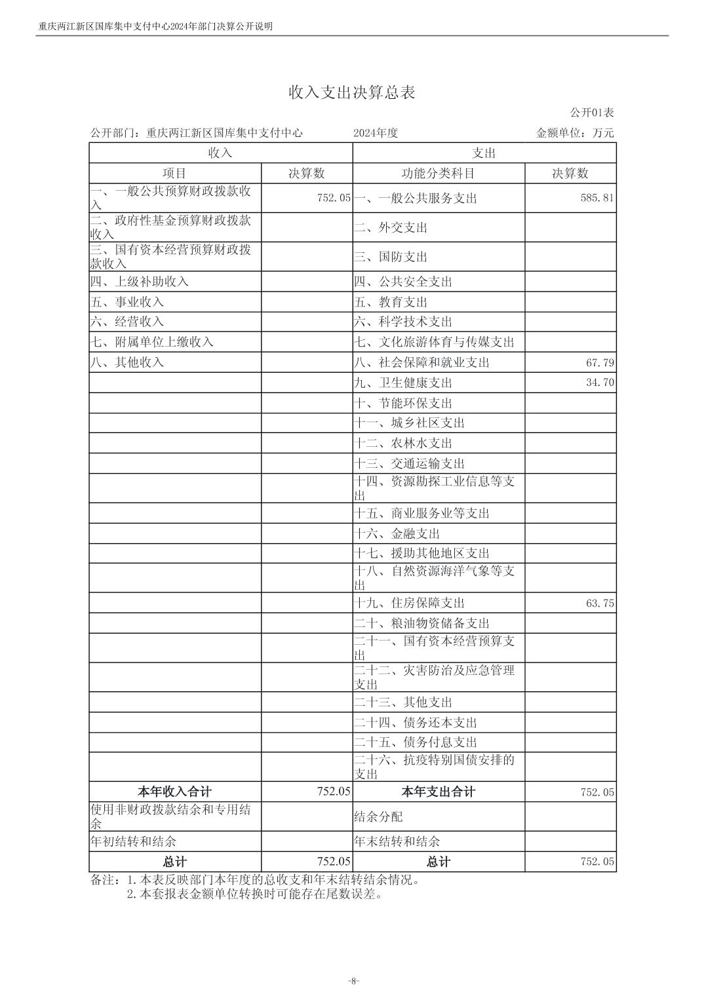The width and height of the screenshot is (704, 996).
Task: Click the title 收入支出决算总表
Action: pyautogui.click(x=352, y=92)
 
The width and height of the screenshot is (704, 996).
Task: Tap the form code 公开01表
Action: pyautogui.click(x=592, y=113)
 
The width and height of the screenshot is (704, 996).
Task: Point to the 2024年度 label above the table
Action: pyautogui.click(x=376, y=133)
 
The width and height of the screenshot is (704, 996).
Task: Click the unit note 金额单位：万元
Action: pyautogui.click(x=575, y=133)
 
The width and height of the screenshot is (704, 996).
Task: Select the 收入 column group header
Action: pyautogui.click(x=220, y=153)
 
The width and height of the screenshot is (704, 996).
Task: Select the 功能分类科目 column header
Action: pyautogui.click(x=438, y=174)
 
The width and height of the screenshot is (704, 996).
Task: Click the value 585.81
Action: pyautogui.click(x=597, y=197)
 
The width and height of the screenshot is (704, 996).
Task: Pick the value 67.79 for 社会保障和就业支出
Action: pyautogui.click(x=600, y=362)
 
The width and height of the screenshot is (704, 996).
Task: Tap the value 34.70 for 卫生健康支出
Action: pyautogui.click(x=600, y=383)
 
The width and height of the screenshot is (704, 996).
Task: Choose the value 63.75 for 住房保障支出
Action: pyautogui.click(x=600, y=603)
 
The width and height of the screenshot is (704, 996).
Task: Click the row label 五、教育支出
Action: pyautogui.click(x=391, y=302)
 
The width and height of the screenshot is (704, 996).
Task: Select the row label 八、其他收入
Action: pyautogui.click(x=127, y=362)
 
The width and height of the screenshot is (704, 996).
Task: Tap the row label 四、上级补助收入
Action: pyautogui.click(x=140, y=282)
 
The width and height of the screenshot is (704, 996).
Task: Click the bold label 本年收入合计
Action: pyautogui.click(x=175, y=792)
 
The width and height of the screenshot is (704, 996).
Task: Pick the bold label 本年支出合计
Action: pyautogui.click(x=438, y=792)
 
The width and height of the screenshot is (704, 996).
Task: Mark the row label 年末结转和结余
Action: pyautogui.click(x=397, y=841)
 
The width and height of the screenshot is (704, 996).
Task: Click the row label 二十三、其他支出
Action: pyautogui.click(x=403, y=702)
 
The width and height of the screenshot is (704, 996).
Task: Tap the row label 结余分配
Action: pyautogui.click(x=378, y=817)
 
